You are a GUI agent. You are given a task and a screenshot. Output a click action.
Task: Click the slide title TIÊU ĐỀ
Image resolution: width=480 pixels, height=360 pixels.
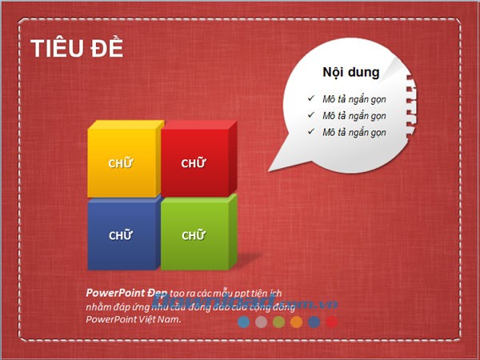(x=77, y=47)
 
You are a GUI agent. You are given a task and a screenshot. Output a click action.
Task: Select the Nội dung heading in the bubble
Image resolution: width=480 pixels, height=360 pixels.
(x=350, y=72)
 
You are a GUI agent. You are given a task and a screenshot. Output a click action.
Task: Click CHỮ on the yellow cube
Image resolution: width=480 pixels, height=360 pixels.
(x=121, y=164)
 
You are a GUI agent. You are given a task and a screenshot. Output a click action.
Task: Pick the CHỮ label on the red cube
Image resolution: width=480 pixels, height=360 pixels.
(x=194, y=164)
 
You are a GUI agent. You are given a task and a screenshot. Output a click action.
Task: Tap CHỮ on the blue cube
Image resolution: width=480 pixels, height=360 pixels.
(x=121, y=235)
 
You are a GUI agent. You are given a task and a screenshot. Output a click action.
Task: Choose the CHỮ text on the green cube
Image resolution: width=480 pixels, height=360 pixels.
(x=194, y=235)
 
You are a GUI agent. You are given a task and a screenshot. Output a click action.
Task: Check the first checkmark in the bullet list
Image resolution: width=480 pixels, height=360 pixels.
(x=310, y=98)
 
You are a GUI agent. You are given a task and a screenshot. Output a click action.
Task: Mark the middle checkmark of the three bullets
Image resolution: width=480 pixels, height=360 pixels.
(x=310, y=115)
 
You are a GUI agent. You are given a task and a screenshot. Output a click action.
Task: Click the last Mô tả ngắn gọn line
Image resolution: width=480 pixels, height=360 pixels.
(x=354, y=132)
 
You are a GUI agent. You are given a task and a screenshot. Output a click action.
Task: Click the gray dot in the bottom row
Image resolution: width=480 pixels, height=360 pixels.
(x=261, y=322)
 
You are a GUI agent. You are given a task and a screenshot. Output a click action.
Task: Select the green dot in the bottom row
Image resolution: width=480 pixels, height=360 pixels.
(x=278, y=322)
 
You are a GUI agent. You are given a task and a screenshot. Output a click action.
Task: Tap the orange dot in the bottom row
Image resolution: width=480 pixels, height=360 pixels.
(x=296, y=322)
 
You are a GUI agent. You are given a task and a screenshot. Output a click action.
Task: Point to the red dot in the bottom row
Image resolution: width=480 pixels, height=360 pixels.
(x=331, y=322)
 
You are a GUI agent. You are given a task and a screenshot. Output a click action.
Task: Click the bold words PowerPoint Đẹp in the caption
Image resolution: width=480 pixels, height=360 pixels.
(x=121, y=293)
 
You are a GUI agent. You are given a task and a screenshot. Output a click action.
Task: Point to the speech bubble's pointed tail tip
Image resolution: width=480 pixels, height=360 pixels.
(x=269, y=170)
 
